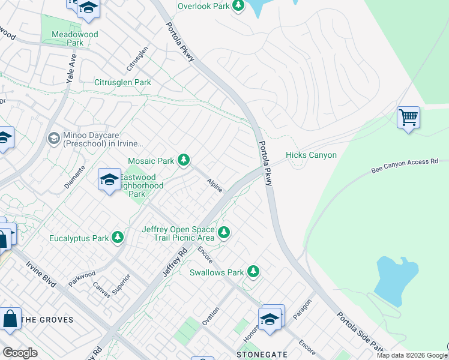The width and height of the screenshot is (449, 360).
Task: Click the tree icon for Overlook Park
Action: pyautogui.click(x=238, y=6)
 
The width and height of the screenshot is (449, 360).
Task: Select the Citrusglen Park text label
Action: pyautogui.click(x=122, y=82)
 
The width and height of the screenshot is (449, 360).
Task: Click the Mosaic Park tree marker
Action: pyautogui.click(x=184, y=160)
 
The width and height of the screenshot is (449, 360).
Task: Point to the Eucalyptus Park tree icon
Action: pyautogui.click(x=118, y=238)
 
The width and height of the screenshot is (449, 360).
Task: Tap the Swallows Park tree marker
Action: pyautogui.click(x=253, y=272)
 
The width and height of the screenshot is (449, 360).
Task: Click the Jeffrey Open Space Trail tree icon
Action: pyautogui.click(x=224, y=232)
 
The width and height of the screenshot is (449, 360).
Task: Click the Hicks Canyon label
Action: pyautogui.click(x=311, y=155)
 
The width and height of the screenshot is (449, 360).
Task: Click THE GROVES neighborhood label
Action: pyautogui.click(x=47, y=320)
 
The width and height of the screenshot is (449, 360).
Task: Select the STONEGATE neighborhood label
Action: pyautogui.click(x=262, y=355)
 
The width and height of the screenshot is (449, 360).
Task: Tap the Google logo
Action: pyautogui.click(x=20, y=353)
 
